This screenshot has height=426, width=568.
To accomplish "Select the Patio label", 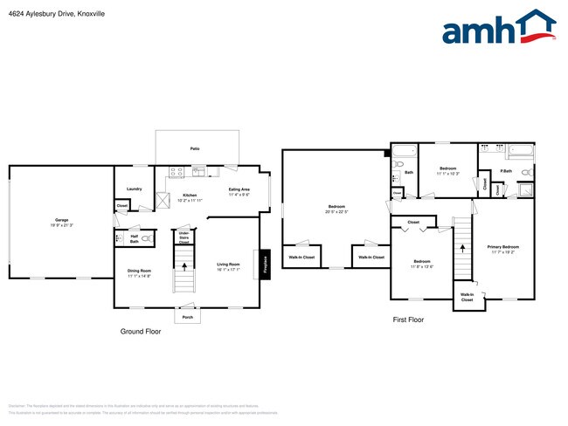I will click(196, 149).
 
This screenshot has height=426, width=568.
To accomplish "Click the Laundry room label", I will click(134, 189).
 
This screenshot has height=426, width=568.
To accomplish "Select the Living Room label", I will click(229, 265).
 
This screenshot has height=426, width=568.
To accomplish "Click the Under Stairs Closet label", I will click(184, 237).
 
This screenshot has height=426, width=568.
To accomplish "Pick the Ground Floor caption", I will click(140, 332).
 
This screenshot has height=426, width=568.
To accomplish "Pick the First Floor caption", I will click(407, 320).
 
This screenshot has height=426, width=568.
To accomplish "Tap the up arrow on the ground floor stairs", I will click(184, 261).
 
